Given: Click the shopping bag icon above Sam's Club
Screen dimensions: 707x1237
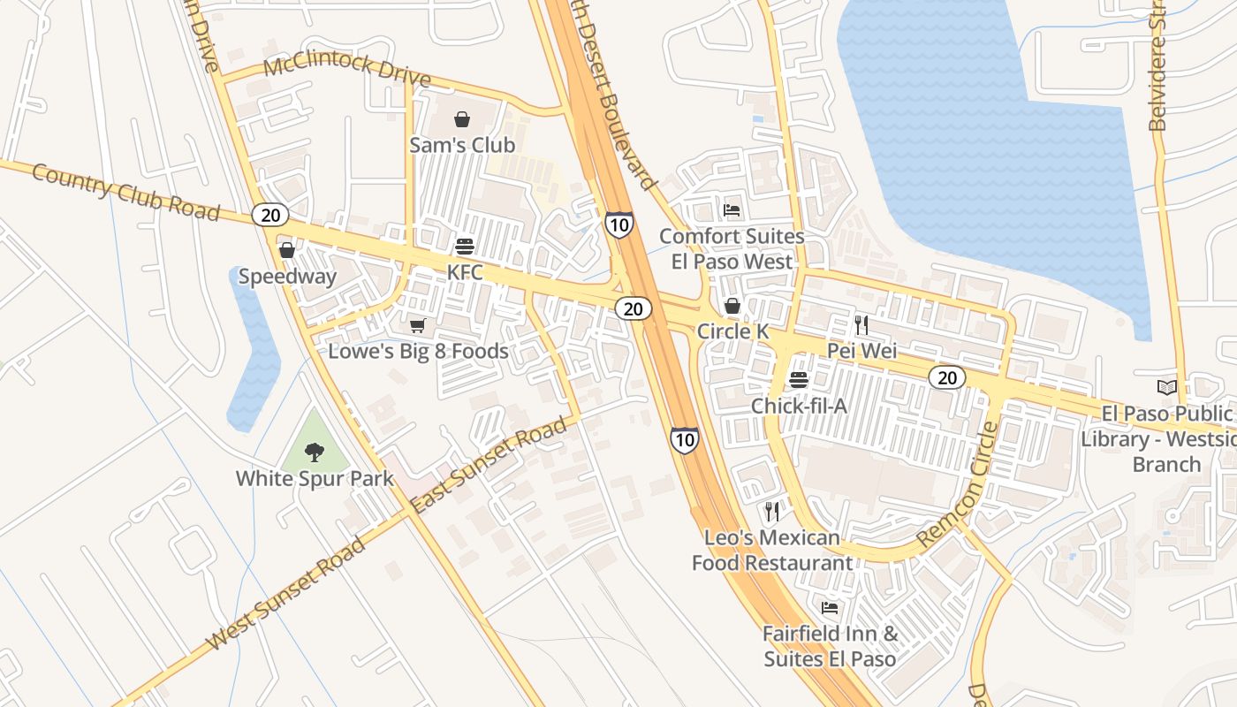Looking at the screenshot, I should tap(462, 119).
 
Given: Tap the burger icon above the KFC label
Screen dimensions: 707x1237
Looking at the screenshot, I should tap(465, 247).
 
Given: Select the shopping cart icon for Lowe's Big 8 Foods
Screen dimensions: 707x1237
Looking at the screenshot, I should tap(418, 326).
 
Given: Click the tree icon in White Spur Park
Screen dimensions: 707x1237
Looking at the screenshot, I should tap(314, 453).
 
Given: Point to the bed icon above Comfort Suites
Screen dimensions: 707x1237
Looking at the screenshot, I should tap(732, 210).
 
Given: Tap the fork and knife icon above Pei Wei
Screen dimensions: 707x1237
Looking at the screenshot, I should tap(861, 325).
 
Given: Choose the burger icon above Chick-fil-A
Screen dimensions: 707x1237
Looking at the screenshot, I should tap(799, 380).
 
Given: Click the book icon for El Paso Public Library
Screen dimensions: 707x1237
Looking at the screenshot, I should tap(1167, 387).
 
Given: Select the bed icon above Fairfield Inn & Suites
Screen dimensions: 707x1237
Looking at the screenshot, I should tap(830, 608).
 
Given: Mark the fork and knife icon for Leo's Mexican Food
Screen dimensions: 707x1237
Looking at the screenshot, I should tap(771, 512).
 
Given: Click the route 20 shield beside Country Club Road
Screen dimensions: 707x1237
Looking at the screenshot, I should tap(269, 214).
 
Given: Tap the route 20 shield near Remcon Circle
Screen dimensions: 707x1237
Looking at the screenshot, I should tap(947, 378).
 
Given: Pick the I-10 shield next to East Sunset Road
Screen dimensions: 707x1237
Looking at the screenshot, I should tap(684, 439).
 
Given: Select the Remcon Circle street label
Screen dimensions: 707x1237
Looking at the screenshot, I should tap(958, 484).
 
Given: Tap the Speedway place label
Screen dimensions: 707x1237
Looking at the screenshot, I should tap(287, 277).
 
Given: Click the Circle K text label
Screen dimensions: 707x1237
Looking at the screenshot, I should tap(733, 331).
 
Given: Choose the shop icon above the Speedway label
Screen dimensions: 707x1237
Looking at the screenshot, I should tap(287, 250).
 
